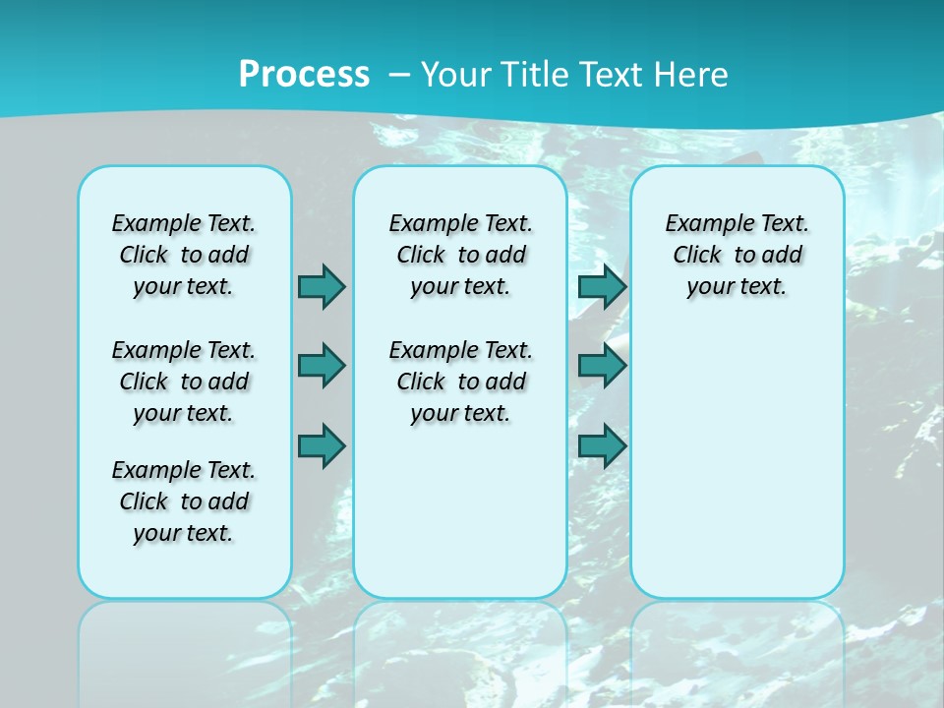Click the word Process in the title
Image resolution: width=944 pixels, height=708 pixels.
click(304, 74)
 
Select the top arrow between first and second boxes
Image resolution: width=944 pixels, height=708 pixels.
click(322, 286)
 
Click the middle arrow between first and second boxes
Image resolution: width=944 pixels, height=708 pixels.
click(322, 366)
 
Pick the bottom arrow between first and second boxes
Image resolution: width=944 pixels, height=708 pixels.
click(322, 446)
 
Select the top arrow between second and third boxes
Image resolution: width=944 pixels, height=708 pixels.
click(602, 286)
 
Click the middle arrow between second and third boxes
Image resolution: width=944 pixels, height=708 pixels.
click(602, 366)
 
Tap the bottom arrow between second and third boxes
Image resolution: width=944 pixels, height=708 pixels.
click(602, 446)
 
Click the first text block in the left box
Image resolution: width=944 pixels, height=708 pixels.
click(184, 255)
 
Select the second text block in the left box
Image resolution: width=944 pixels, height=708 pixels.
click(184, 382)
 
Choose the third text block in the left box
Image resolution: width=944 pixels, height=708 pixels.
click(184, 501)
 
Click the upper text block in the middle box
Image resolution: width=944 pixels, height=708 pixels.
click(460, 255)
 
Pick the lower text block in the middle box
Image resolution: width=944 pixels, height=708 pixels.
click(460, 382)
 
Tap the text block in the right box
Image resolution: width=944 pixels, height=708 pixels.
click(737, 255)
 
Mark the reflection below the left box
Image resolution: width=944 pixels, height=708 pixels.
click(185, 649)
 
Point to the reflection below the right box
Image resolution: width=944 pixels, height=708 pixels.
click(737, 649)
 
